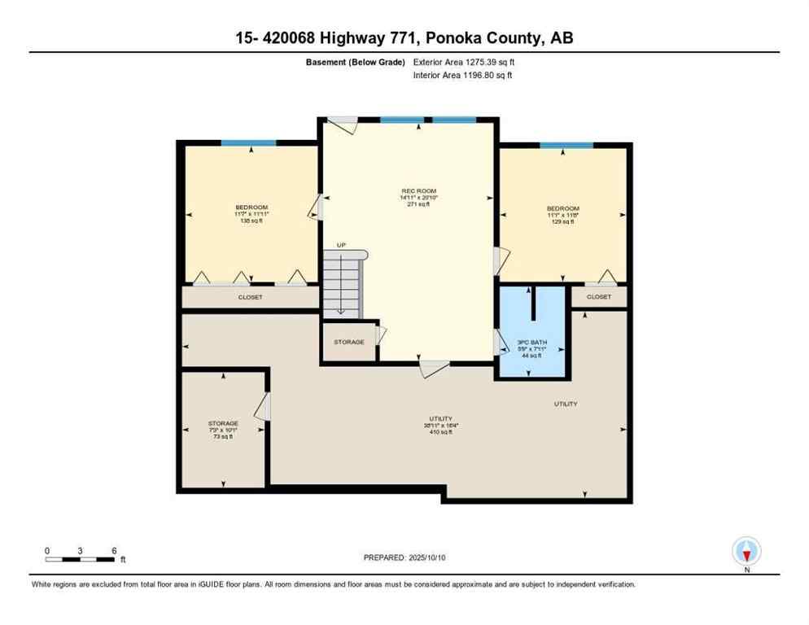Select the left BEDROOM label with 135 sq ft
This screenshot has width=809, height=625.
click(x=251, y=208)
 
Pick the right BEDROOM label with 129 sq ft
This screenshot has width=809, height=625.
click(x=562, y=208)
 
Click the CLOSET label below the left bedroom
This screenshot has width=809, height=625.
click(x=250, y=298)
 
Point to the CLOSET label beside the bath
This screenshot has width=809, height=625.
click(x=598, y=298)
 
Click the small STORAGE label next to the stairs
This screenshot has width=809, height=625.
click(x=349, y=342)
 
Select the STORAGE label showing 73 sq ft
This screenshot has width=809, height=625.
click(x=223, y=424)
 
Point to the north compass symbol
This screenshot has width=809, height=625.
click(x=746, y=552)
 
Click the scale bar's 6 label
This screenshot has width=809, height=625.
click(x=114, y=551)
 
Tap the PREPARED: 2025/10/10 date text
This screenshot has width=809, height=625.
click(x=404, y=557)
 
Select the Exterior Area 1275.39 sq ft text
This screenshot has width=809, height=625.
click(x=462, y=62)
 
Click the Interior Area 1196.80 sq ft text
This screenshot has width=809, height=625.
click(x=462, y=75)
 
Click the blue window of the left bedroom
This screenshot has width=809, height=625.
click(x=248, y=143)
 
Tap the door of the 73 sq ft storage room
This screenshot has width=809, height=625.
click(x=262, y=407)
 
